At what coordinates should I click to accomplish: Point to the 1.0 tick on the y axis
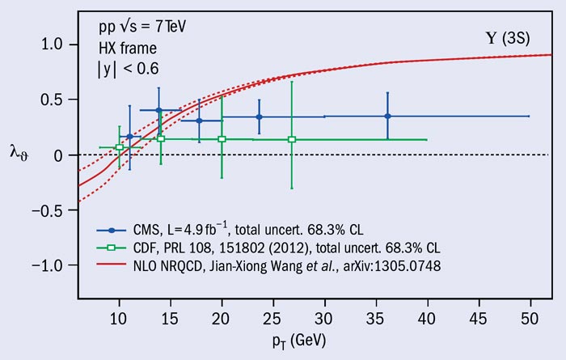click(53, 44)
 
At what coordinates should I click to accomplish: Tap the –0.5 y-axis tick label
click(49, 210)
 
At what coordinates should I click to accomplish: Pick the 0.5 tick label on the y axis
click(53, 100)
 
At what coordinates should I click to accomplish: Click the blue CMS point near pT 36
click(387, 116)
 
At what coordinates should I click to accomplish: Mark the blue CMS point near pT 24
click(259, 116)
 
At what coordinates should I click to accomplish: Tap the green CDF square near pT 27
click(292, 139)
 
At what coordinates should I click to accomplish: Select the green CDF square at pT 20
click(222, 139)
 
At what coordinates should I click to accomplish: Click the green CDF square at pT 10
click(119, 147)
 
